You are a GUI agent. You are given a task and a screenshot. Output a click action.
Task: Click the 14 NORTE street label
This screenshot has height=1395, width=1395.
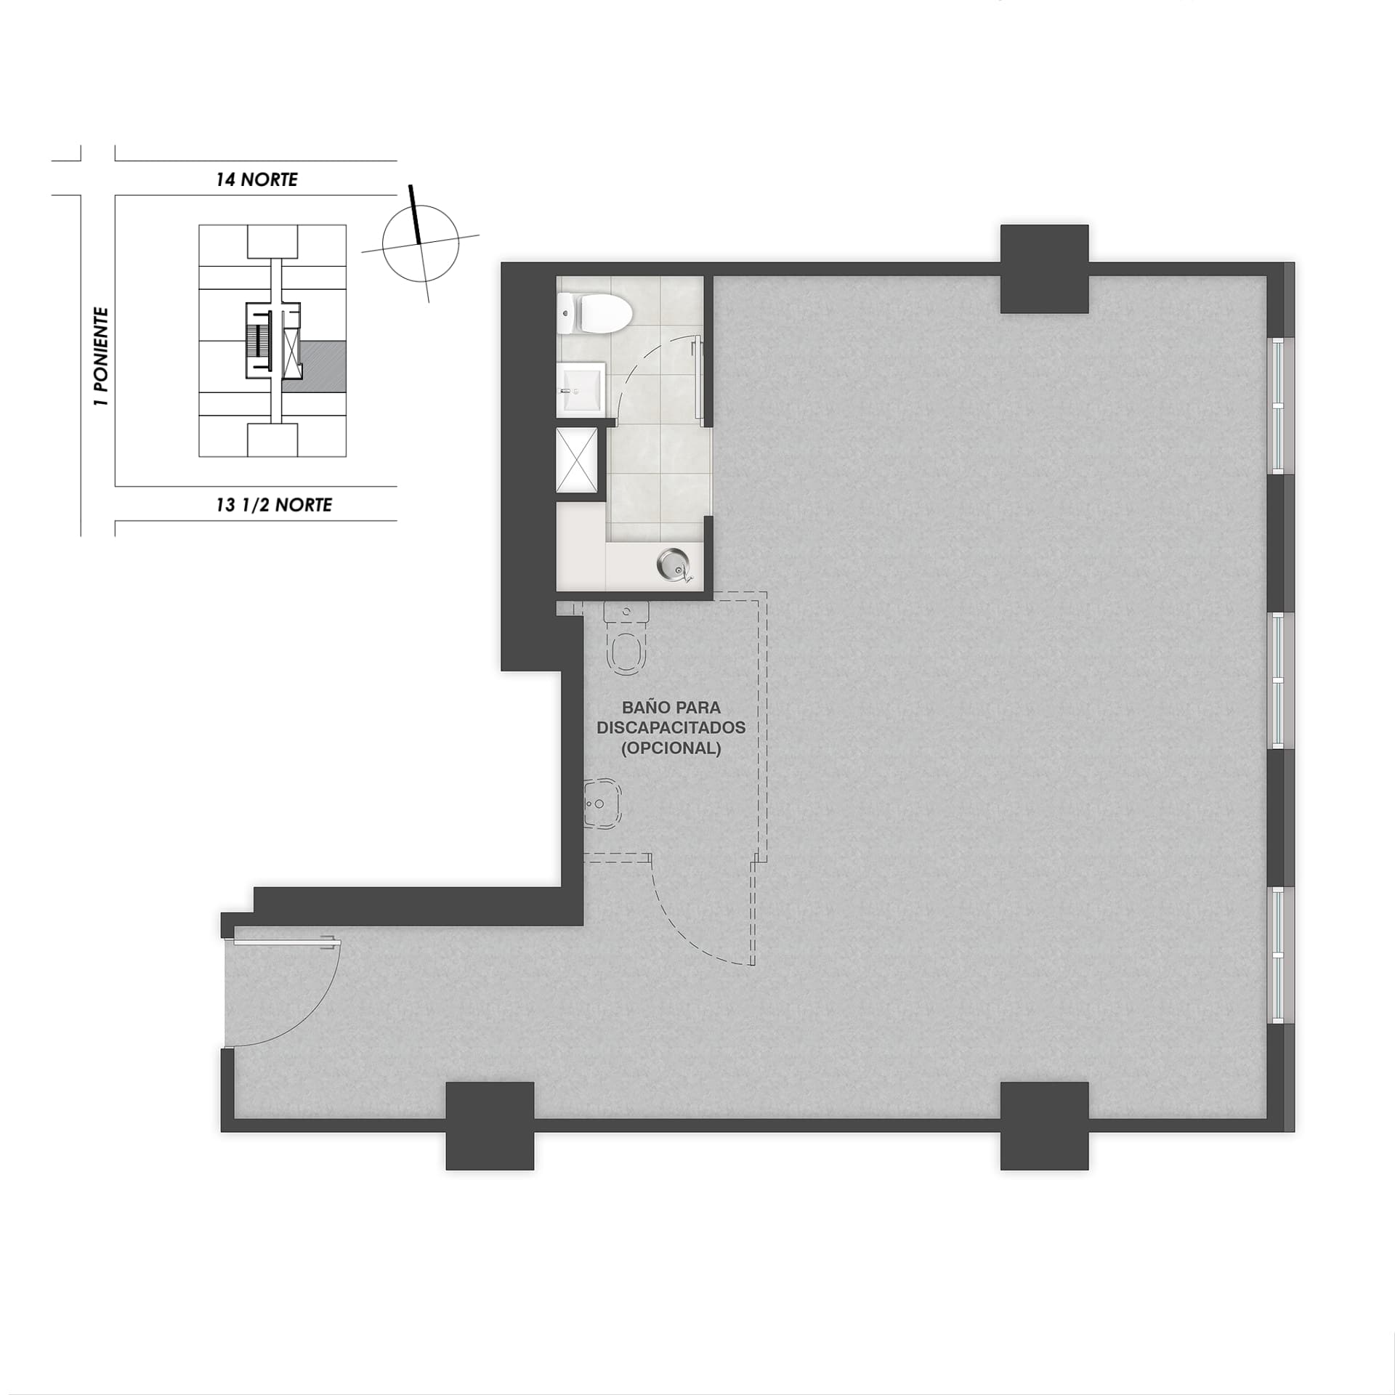(x=256, y=179)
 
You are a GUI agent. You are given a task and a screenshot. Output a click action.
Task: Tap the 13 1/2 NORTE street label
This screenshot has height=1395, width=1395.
(x=274, y=504)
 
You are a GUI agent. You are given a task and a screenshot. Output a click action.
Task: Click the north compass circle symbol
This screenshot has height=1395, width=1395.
(x=421, y=243)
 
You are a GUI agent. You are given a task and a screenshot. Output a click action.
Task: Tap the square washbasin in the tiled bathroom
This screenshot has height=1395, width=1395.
(x=581, y=389)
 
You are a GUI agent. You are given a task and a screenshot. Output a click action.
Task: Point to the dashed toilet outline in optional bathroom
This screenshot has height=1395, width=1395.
(x=626, y=638)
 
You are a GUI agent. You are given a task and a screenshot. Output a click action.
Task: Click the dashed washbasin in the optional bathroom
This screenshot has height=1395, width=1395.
(x=603, y=804)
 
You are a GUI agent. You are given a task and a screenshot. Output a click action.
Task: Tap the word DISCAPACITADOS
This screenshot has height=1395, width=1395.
(x=671, y=727)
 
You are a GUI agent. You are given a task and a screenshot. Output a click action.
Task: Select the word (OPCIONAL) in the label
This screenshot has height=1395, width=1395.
(x=671, y=748)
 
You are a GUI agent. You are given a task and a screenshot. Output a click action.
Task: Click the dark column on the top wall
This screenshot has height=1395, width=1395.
(x=1044, y=269)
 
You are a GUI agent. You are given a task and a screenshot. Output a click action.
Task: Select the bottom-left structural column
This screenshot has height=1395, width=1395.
(x=490, y=1125)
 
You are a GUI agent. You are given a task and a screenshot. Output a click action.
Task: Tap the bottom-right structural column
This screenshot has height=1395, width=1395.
(x=1044, y=1125)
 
